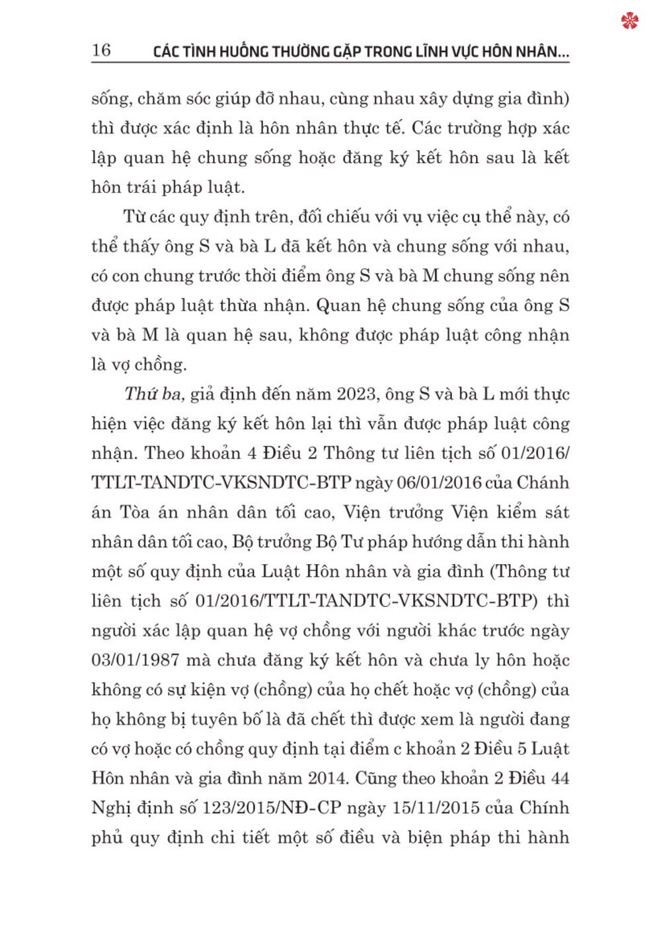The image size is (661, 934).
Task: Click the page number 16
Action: [102, 50]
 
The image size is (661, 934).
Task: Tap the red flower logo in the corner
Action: [630, 21]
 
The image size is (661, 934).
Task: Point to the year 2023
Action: [357, 394]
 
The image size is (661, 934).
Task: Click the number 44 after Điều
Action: [559, 778]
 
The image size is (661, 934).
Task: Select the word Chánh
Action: [543, 483]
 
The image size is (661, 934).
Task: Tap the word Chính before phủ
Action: [544, 808]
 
